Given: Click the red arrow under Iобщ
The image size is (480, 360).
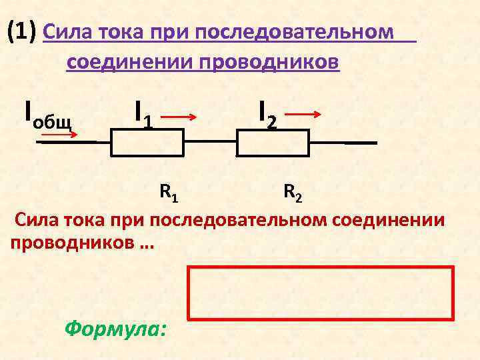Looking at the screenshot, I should point(57,135).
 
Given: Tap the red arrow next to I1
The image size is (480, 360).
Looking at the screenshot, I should point(179,117).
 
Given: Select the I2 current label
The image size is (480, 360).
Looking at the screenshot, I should point(267,113).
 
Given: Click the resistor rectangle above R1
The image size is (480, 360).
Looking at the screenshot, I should point(146,142).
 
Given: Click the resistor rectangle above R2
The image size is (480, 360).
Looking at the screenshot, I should point(273,142).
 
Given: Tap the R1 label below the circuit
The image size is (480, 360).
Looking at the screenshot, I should point(168,194).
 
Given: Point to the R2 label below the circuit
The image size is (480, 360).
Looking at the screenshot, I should point(291,194).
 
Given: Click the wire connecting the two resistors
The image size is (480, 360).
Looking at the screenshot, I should point(209,142).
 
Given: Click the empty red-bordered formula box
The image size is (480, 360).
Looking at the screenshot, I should point(321,292).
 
